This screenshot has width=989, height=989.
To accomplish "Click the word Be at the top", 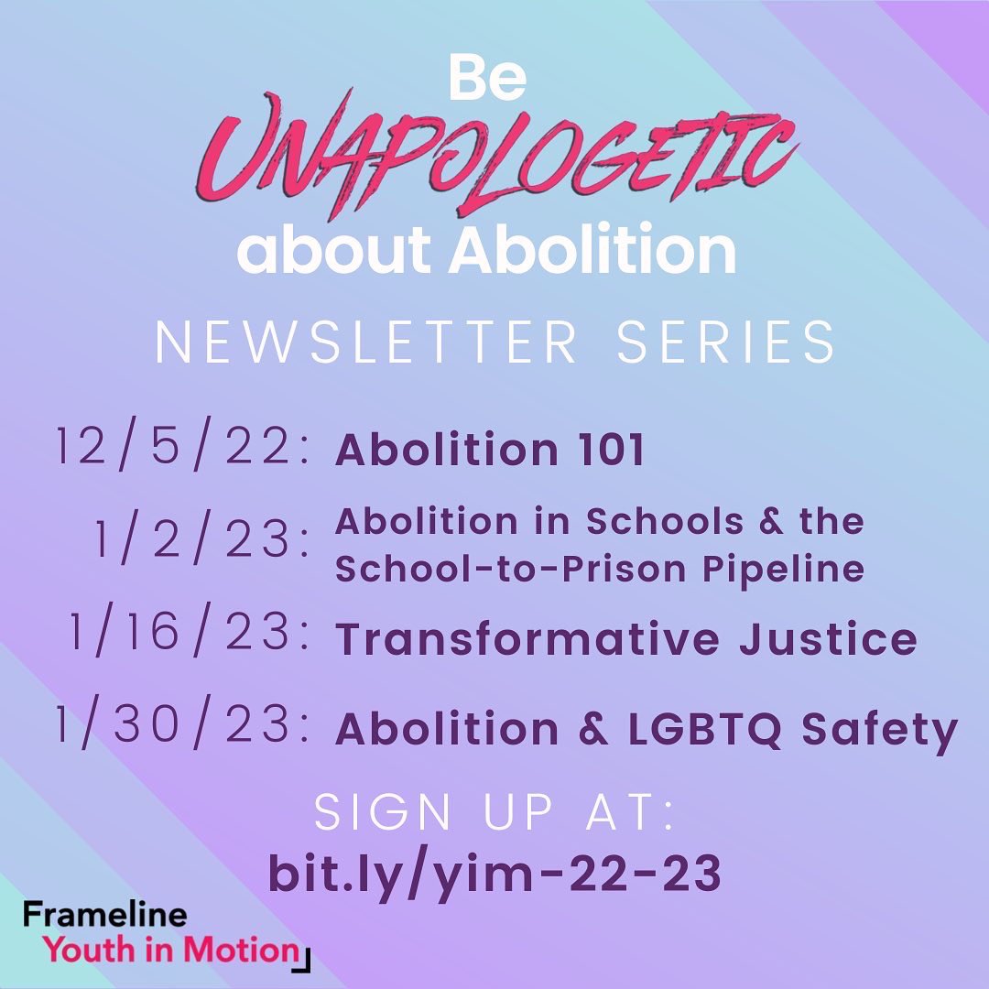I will pyautogui.click(x=486, y=80).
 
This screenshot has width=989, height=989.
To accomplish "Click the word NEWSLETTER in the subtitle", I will pyautogui.click(x=366, y=342).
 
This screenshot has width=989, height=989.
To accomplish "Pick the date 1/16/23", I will pyautogui.click(x=189, y=635).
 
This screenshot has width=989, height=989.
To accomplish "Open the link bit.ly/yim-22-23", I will pyautogui.click(x=494, y=874).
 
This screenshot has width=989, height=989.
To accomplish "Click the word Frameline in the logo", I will pyautogui.click(x=104, y=914).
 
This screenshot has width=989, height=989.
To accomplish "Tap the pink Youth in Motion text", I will pyautogui.click(x=171, y=949).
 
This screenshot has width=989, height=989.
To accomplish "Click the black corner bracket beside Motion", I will pyautogui.click(x=306, y=958).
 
